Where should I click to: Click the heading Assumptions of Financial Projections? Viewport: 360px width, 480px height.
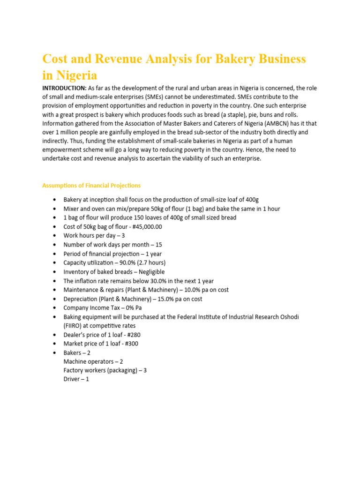click(x=91, y=186)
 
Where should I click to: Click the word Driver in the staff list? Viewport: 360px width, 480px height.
click(x=72, y=379)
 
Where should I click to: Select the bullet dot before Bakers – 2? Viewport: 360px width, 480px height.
click(x=56, y=352)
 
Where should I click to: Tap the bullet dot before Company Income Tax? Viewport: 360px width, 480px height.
click(x=56, y=308)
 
